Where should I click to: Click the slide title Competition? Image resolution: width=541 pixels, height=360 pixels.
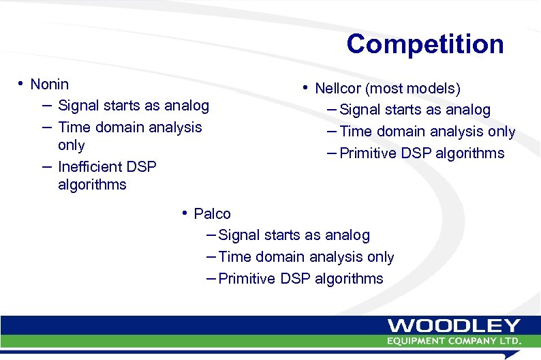tap(424, 44)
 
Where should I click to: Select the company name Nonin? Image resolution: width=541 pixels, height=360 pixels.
tap(50, 85)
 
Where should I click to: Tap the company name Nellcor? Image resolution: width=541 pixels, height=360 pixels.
tap(335, 89)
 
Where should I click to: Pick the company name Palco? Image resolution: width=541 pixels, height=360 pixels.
tap(212, 214)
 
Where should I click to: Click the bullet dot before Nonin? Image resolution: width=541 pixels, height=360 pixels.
tap(22, 84)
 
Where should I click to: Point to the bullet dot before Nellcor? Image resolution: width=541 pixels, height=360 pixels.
tap(307, 87)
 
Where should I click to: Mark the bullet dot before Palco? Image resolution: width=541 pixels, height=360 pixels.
tap(185, 213)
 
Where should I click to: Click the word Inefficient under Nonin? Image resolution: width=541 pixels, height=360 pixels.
tap(91, 167)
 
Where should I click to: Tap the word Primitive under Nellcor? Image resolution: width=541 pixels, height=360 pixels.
tap(367, 153)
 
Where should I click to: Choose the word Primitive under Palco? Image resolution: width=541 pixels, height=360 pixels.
tap(247, 279)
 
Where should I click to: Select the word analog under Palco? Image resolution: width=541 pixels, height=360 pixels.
tap(346, 235)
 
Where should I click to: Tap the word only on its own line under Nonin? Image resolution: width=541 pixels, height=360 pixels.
tap(72, 145)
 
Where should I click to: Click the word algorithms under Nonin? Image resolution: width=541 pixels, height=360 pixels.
tap(92, 185)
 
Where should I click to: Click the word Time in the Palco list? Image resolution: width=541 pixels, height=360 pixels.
tap(235, 257)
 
